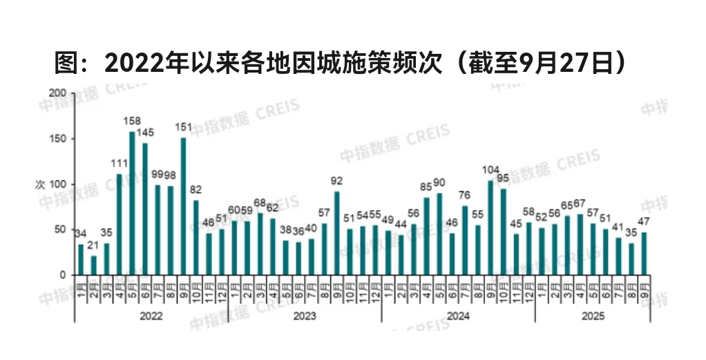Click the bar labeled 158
132,203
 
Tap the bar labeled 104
490,227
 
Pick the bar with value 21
93,265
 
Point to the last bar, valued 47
644,254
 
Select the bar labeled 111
119,224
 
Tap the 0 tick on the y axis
63,275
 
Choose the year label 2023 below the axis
304,315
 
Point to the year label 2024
458,315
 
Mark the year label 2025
592,315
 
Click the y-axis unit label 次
40,184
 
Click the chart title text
341,63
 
